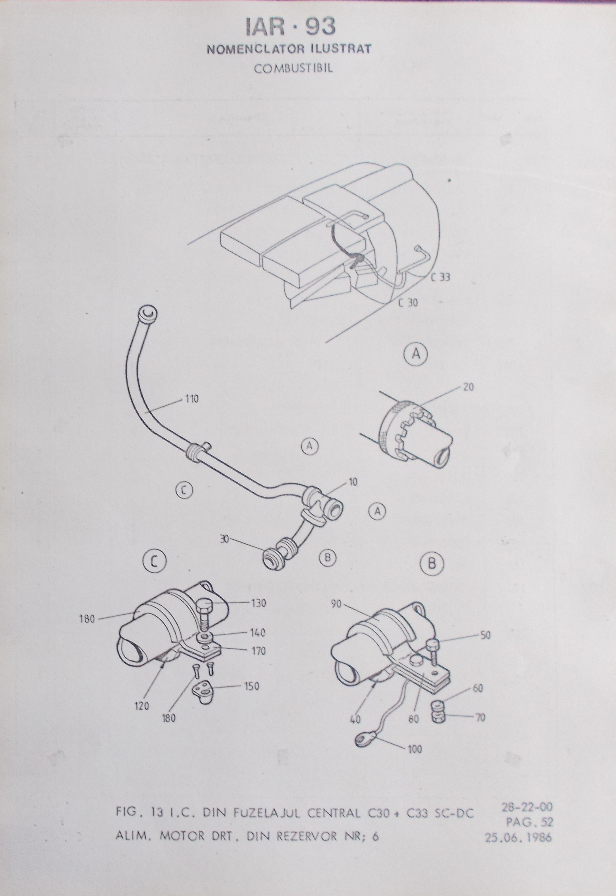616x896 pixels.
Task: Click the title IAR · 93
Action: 290,27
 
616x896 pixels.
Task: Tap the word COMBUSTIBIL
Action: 293,68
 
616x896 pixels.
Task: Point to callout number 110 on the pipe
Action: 192,399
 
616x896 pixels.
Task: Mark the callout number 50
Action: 485,635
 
